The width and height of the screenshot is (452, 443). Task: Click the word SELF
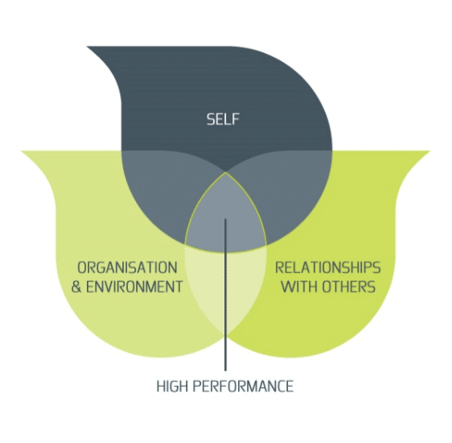point(223,119)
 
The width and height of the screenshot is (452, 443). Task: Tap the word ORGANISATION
point(127,267)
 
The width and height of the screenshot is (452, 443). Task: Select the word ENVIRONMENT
point(134,287)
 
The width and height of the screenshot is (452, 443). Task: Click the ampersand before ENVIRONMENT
point(76,287)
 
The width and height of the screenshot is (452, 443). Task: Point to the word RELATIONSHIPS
point(328,267)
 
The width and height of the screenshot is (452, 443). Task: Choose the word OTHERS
point(349,287)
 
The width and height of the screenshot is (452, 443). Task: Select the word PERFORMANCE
point(244,386)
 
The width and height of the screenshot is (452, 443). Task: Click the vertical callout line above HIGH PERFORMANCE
point(225,295)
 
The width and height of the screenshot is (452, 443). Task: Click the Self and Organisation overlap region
point(162,190)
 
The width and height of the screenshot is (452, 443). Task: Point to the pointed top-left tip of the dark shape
point(87,47)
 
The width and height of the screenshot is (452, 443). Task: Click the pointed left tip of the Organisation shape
point(22,151)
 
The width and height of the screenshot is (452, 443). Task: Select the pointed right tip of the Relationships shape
point(429,151)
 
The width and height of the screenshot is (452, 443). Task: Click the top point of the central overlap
point(226,172)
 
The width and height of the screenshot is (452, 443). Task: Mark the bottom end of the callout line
point(225,371)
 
